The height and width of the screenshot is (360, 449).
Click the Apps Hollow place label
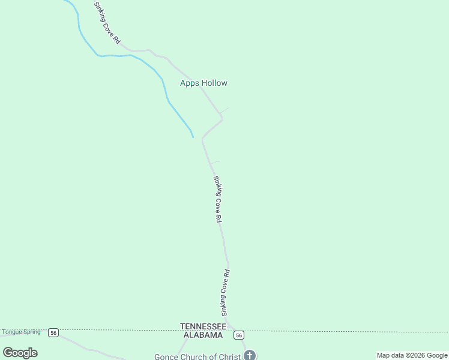tap(203, 83)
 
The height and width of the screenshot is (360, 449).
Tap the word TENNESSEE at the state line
tap(203, 326)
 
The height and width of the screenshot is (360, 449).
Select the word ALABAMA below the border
tap(203, 335)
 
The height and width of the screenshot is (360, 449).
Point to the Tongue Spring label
tap(21, 332)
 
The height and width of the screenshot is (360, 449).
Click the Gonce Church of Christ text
tap(197, 356)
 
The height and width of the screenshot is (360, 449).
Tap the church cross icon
tap(250, 355)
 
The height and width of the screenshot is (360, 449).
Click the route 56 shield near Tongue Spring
tap(53, 332)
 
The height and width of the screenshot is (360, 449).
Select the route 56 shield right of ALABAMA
tap(239, 335)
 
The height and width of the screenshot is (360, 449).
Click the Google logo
tap(20, 353)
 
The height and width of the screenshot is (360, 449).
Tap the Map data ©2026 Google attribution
tap(412, 355)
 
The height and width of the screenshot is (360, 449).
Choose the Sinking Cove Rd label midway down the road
tap(218, 200)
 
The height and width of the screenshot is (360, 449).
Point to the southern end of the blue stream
tap(193, 136)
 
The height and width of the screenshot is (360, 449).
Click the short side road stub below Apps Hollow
tap(224, 110)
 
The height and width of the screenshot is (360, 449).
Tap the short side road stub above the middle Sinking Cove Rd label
tap(215, 162)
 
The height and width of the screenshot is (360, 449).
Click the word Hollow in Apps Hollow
tap(214, 83)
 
